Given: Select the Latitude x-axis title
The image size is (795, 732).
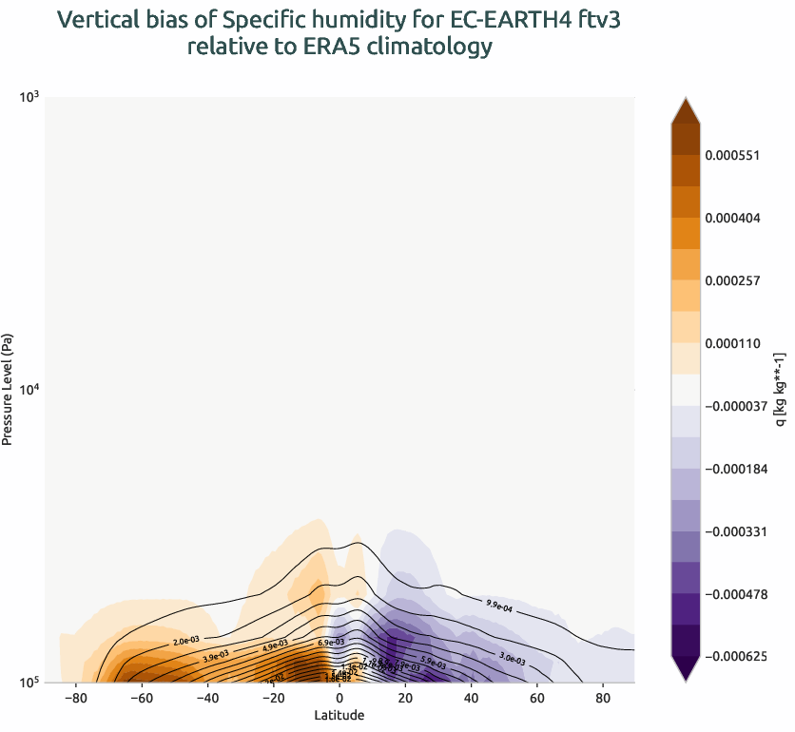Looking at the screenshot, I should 339,715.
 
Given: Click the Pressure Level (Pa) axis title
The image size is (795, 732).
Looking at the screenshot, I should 9,389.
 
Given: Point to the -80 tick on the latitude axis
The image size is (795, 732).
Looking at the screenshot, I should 75,698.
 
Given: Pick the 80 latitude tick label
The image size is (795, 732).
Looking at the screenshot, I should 602,698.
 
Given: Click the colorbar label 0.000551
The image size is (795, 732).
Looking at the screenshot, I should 733,155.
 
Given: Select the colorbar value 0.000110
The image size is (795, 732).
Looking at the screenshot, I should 733,343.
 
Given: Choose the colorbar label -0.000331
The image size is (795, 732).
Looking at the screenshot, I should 735,531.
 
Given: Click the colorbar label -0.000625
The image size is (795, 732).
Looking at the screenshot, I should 735,657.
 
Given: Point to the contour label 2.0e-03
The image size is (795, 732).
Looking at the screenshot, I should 185,643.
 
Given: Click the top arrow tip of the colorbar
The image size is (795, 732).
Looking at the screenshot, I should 685,98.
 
